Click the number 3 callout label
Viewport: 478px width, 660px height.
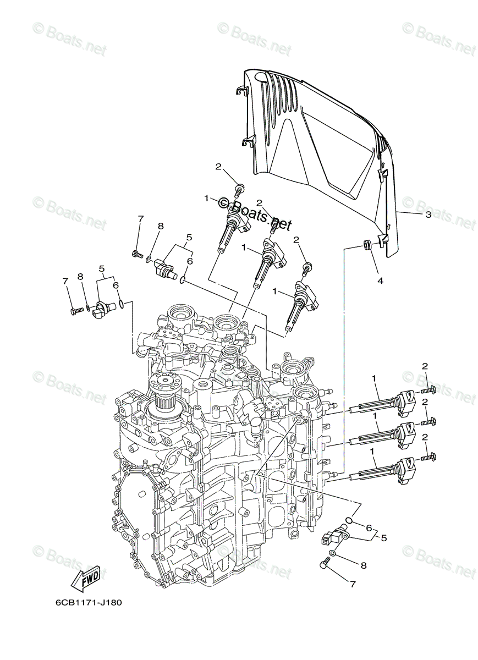(x=428, y=215)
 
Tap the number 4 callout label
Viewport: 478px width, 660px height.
(x=379, y=280)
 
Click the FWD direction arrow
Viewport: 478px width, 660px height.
(x=86, y=577)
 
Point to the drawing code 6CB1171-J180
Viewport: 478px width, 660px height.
(x=88, y=602)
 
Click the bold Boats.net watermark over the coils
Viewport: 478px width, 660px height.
(x=255, y=215)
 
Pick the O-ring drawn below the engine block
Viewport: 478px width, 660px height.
(x=349, y=520)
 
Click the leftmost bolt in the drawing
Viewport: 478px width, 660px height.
(x=76, y=311)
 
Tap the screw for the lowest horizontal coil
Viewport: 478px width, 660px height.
(x=428, y=457)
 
